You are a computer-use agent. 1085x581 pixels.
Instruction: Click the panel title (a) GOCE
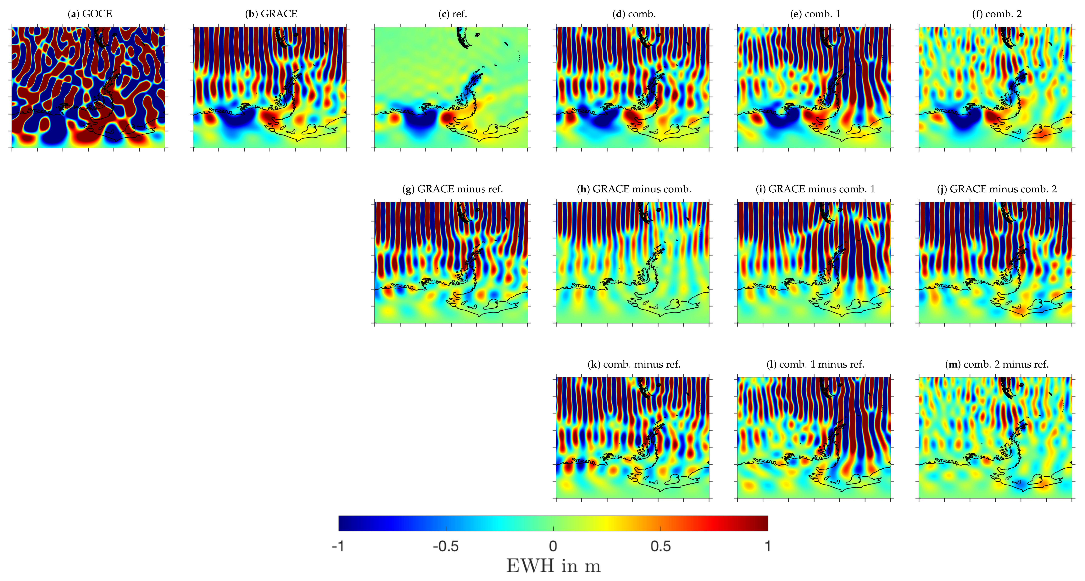pos(90,14)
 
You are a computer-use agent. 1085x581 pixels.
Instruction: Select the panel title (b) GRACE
pos(271,14)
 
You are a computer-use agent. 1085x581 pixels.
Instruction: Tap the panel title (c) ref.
pos(453,14)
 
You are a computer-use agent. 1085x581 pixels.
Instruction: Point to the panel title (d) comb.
pos(634,14)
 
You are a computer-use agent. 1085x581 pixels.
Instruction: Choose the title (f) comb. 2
pos(997,14)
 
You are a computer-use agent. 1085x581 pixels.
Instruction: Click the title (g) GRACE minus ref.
pos(453,189)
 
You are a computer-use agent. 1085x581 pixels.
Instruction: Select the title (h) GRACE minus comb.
pos(634,189)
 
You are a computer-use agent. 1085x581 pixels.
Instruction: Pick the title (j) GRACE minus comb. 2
pos(997,189)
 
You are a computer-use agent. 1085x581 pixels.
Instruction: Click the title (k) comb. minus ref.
pos(634,364)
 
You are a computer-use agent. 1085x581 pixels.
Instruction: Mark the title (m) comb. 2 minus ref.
pos(997,364)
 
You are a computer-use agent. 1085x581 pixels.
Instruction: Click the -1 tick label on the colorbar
pos(338,546)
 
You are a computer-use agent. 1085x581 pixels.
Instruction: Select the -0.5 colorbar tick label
pos(446,546)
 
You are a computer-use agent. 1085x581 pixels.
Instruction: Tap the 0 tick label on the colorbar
pos(553,546)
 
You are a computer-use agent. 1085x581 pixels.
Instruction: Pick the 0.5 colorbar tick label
pos(660,546)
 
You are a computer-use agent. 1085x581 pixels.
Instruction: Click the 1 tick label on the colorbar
pos(768,546)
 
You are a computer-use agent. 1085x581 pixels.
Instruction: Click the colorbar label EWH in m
pos(553,566)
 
